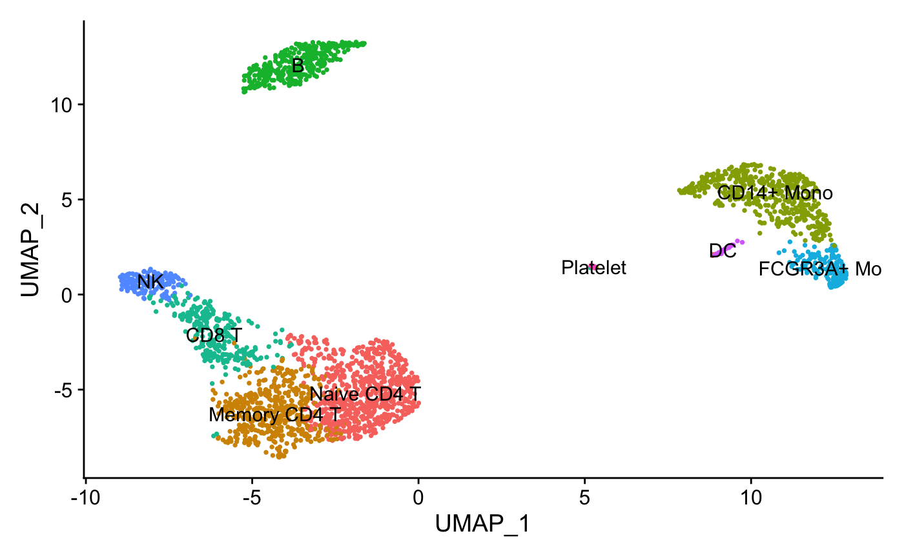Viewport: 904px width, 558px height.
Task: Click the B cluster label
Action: pyautogui.click(x=298, y=66)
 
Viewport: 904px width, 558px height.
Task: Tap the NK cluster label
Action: pyautogui.click(x=150, y=282)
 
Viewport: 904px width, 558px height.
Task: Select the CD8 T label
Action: pyautogui.click(x=214, y=335)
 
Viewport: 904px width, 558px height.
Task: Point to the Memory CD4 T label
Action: pyautogui.click(x=275, y=415)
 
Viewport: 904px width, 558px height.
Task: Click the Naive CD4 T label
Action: pyautogui.click(x=365, y=394)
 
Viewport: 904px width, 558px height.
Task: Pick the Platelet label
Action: pyautogui.click(x=593, y=268)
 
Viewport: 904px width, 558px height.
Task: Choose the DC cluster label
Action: pyautogui.click(x=722, y=251)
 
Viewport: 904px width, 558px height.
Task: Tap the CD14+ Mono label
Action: pyautogui.click(x=775, y=193)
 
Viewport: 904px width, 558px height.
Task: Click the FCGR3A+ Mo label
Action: pyautogui.click(x=819, y=270)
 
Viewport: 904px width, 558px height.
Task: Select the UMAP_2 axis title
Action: pyautogui.click(x=31, y=249)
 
